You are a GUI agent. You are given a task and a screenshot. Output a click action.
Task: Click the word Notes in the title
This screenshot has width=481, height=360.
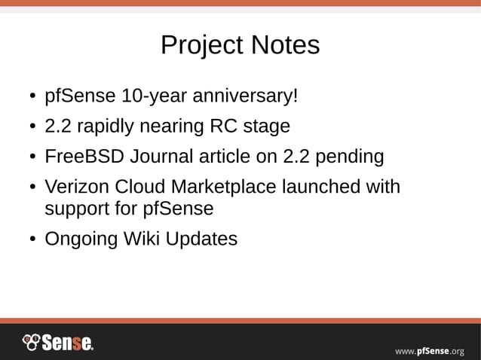[x=284, y=45]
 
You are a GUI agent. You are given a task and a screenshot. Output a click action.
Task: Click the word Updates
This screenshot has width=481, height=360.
[x=201, y=239]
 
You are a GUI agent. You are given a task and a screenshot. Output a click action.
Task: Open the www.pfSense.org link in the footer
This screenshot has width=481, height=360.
[x=430, y=350]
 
